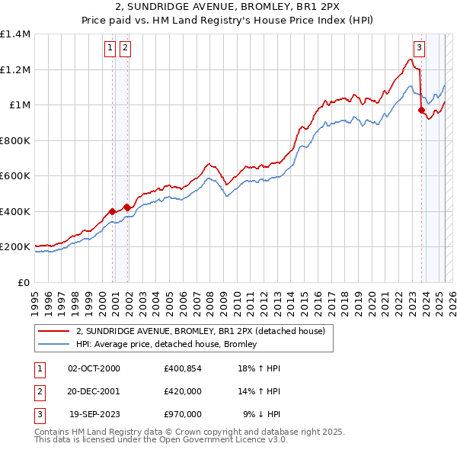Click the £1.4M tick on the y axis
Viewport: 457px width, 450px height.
15,34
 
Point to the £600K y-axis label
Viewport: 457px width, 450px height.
16,176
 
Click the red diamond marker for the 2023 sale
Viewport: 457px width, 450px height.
421,111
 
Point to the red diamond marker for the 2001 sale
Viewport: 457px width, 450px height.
127,206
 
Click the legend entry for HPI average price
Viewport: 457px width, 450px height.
167,344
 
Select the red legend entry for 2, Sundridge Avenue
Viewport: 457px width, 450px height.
201,331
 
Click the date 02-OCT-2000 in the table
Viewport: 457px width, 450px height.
94,368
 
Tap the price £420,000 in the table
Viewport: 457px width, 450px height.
183,391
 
